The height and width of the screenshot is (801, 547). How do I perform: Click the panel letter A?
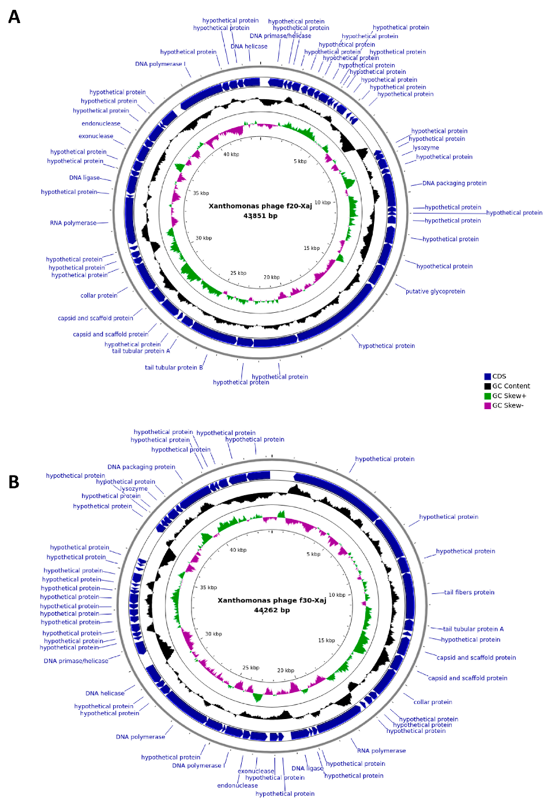(14, 17)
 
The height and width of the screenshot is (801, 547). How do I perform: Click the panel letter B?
(14, 482)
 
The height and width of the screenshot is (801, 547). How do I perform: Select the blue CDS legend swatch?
(488, 376)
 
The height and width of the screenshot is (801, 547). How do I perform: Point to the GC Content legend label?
(511, 386)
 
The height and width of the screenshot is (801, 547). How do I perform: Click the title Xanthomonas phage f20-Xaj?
(260, 206)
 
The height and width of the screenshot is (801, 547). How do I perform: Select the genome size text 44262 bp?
(272, 610)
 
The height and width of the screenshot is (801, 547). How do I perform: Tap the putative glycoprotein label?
(435, 291)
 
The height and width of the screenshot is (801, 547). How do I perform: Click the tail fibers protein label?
(469, 592)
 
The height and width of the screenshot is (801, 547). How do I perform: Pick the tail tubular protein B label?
(174, 368)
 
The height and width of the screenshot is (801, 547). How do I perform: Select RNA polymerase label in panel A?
(73, 223)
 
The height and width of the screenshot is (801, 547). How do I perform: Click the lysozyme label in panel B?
(134, 489)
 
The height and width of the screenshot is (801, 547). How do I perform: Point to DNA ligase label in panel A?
(84, 178)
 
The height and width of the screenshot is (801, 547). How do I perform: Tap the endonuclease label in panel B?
(237, 785)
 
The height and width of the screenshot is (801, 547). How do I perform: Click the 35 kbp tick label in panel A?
(201, 193)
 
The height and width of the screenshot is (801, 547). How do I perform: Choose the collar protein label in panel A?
(99, 295)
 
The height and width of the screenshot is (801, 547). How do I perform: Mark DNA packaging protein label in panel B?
(141, 467)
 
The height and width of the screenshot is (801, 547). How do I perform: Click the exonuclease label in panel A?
(96, 136)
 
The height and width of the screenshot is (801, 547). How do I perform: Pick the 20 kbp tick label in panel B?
(285, 671)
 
